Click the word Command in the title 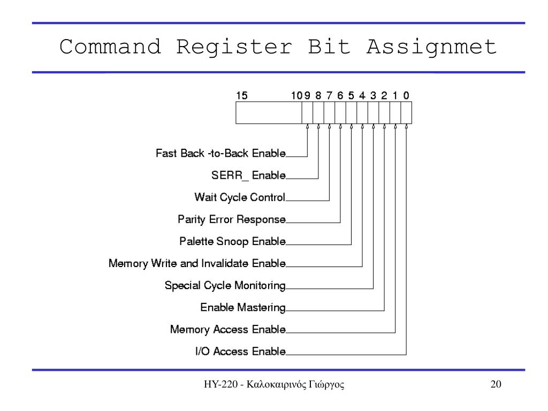click(x=110, y=47)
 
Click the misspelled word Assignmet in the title click(x=431, y=47)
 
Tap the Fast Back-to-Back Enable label click(x=220, y=154)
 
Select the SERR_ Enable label click(x=248, y=176)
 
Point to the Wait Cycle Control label click(x=240, y=197)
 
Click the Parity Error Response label click(x=231, y=219)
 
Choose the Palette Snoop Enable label click(x=232, y=241)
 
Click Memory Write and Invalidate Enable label click(x=197, y=263)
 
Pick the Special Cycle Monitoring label click(x=225, y=285)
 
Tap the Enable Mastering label click(x=242, y=307)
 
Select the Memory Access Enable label click(x=227, y=329)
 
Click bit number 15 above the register click(x=242, y=96)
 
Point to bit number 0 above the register click(x=406, y=96)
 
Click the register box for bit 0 click(x=406, y=113)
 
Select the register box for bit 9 click(x=307, y=113)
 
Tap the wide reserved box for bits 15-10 click(x=268, y=113)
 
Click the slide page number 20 click(x=496, y=385)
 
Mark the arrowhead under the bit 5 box click(x=351, y=127)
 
